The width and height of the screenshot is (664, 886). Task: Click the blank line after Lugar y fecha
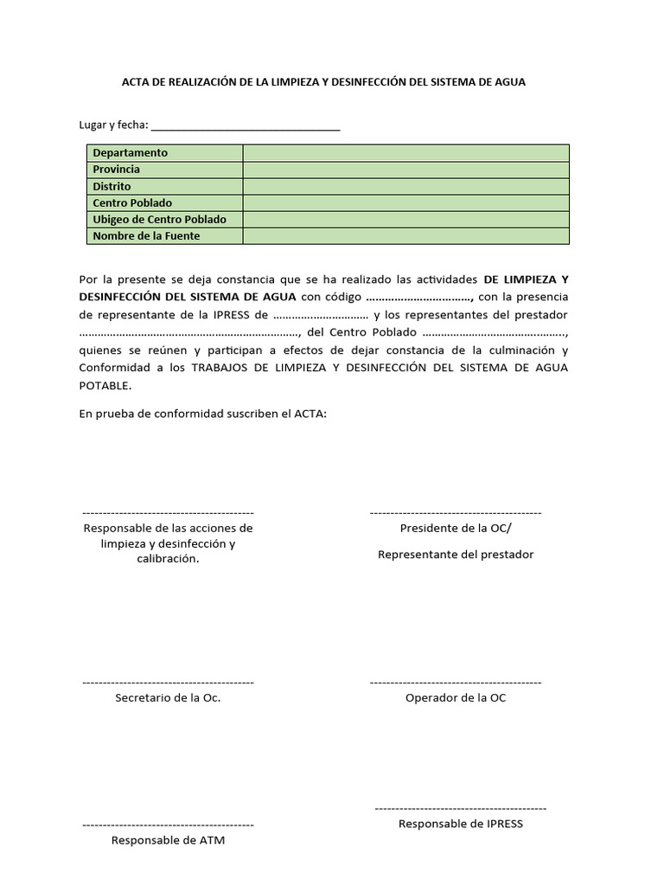[246, 127]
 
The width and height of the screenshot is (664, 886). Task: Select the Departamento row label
[131, 153]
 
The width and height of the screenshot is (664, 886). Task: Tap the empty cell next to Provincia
[405, 170]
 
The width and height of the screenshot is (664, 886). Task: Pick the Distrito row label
[112, 186]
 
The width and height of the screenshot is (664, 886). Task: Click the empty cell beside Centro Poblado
[405, 202]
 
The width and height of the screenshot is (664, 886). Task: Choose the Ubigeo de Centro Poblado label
[160, 219]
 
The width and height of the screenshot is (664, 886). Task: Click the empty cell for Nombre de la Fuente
[405, 236]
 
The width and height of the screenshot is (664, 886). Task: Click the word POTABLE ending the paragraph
[105, 385]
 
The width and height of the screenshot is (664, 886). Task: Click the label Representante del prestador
[456, 554]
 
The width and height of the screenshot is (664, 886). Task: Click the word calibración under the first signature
[168, 559]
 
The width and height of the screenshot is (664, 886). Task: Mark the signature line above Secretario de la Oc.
[168, 683]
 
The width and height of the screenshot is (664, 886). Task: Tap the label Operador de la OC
[456, 697]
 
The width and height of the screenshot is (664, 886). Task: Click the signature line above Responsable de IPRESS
[460, 808]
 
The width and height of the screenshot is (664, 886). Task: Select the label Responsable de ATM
[168, 840]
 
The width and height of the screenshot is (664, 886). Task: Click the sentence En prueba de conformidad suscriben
[202, 414]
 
